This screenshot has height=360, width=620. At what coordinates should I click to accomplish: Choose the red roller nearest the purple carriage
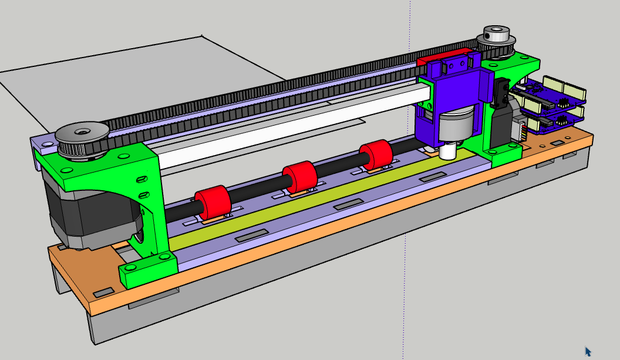tap(376, 156)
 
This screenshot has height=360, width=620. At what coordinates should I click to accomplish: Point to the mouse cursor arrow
tap(588, 351)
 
